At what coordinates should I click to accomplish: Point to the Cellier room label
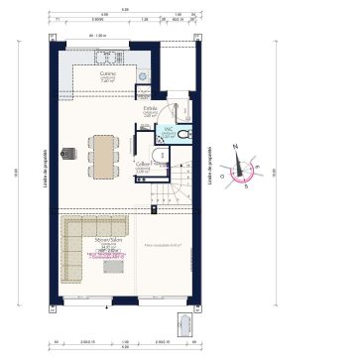click(143, 166)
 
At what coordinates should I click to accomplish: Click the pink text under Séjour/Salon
click(107, 256)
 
